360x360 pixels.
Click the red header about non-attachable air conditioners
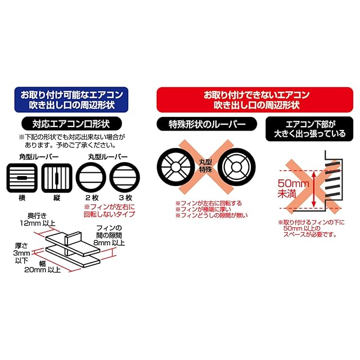[251, 98]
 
